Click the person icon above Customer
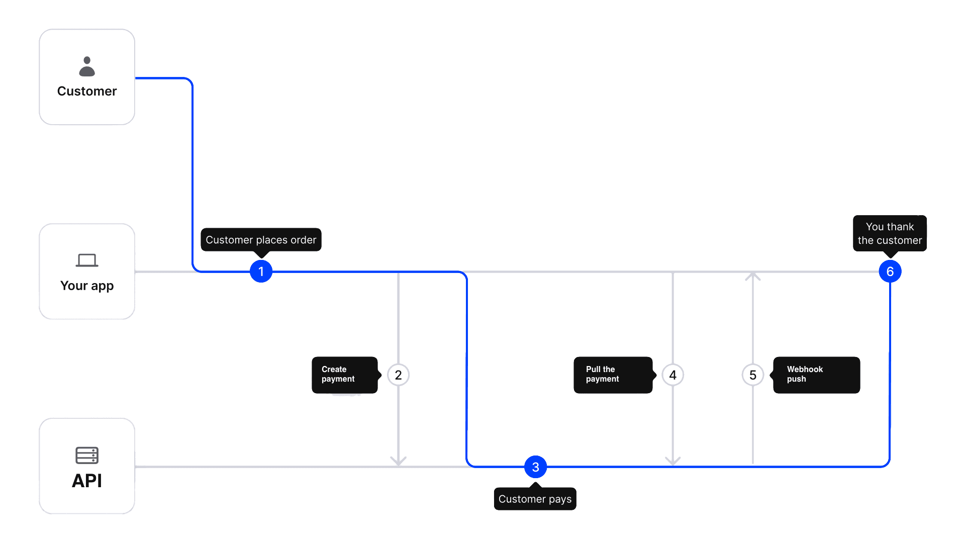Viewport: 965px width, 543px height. [87, 66]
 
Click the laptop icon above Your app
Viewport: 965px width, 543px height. [87, 260]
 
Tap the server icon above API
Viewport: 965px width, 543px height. [87, 455]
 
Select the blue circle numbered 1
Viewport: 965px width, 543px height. [261, 271]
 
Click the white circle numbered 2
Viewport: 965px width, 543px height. [398, 375]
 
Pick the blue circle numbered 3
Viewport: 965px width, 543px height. [535, 467]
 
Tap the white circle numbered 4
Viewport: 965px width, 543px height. [672, 375]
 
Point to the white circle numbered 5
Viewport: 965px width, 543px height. [752, 375]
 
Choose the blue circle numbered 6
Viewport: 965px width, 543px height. [890, 271]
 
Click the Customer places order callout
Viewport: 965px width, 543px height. [261, 240]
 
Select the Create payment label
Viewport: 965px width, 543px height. [344, 375]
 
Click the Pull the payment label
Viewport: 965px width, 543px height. [613, 375]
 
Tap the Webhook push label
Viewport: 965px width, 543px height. [816, 375]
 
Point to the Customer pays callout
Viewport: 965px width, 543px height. [535, 499]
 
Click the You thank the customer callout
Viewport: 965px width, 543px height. [890, 234]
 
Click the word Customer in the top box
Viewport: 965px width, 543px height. [87, 91]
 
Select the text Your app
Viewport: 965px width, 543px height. [87, 286]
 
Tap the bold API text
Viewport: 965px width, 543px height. [87, 481]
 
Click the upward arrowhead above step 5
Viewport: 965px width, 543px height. [752, 276]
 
